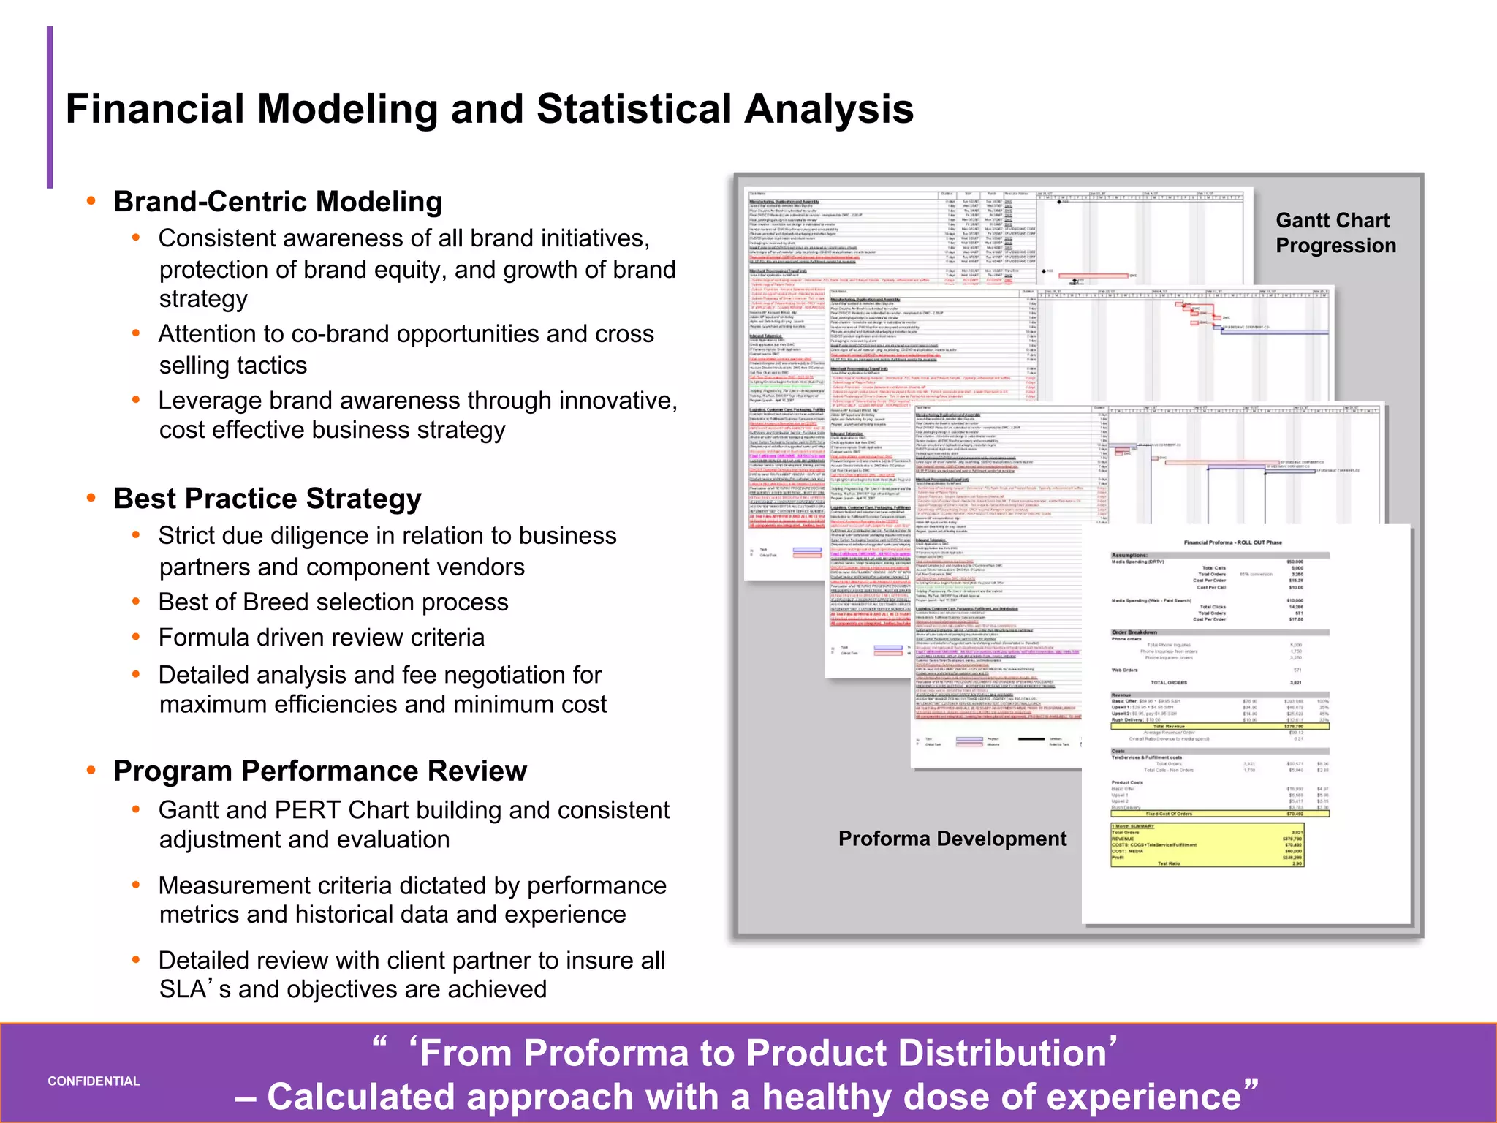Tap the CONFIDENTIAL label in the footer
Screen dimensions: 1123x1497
click(94, 1081)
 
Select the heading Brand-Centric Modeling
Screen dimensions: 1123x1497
click(278, 202)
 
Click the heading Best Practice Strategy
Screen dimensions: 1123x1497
click(268, 499)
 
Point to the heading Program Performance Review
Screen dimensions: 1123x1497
click(320, 771)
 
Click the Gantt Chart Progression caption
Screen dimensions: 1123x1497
click(1335, 232)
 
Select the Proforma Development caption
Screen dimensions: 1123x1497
click(952, 839)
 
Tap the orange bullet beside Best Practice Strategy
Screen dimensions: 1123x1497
click(91, 498)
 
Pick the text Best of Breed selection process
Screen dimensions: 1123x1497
click(333, 602)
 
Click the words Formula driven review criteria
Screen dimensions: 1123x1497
click(322, 638)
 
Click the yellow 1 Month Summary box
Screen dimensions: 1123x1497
click(1207, 845)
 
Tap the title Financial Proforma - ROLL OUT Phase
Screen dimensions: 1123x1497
click(1232, 542)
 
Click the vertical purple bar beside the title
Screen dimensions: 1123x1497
click(50, 107)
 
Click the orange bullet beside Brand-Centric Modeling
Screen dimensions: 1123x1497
click(91, 201)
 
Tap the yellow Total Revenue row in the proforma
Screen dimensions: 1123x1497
click(1219, 726)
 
